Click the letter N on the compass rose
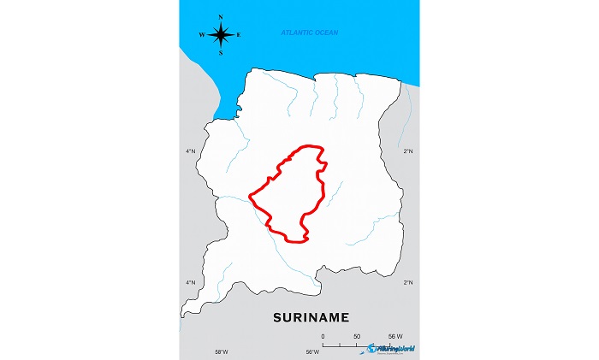point(221,17)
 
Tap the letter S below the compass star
point(221,52)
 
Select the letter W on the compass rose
point(202,35)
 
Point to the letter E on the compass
point(239,35)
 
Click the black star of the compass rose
point(221,35)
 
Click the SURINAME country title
point(311,317)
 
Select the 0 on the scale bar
point(323,337)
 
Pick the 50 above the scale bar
point(357,337)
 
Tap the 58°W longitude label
point(221,352)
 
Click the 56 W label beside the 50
point(395,337)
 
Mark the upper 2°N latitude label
point(408,151)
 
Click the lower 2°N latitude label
point(408,282)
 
